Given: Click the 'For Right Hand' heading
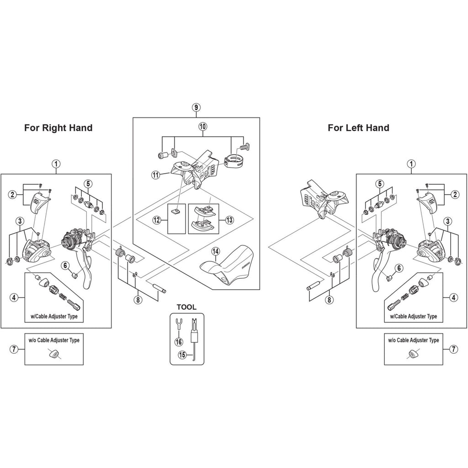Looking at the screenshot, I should click(x=58, y=128).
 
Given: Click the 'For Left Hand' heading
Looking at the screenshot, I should click(x=358, y=128).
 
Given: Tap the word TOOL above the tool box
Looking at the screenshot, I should click(x=186, y=307).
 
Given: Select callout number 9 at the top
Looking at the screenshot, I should click(x=196, y=107).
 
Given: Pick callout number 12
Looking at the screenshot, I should click(x=157, y=220).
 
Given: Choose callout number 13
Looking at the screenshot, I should click(x=229, y=220).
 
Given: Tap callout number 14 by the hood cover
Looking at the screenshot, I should click(x=216, y=251).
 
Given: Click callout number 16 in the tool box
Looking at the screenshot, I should click(x=177, y=341).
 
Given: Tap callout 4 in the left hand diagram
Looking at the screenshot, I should click(x=453, y=298).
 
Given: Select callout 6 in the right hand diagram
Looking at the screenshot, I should click(x=65, y=265).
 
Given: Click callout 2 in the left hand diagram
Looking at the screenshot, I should click(x=455, y=194).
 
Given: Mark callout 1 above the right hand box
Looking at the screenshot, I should click(x=56, y=163).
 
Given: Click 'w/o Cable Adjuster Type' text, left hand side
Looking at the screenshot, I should click(x=413, y=340).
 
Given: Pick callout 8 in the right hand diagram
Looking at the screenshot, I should click(x=137, y=299).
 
